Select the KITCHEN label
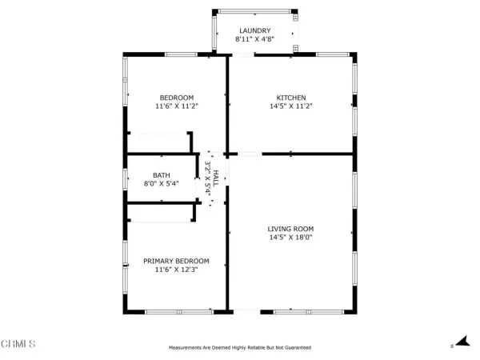(x=291, y=98)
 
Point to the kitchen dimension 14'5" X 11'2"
(x=291, y=106)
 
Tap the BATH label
(x=162, y=174)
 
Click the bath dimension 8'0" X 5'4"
(x=162, y=183)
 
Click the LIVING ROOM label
(x=291, y=229)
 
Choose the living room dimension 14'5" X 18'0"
(x=291, y=238)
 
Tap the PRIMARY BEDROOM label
(x=176, y=261)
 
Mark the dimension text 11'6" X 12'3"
(x=176, y=270)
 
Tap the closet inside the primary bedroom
(x=160, y=212)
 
